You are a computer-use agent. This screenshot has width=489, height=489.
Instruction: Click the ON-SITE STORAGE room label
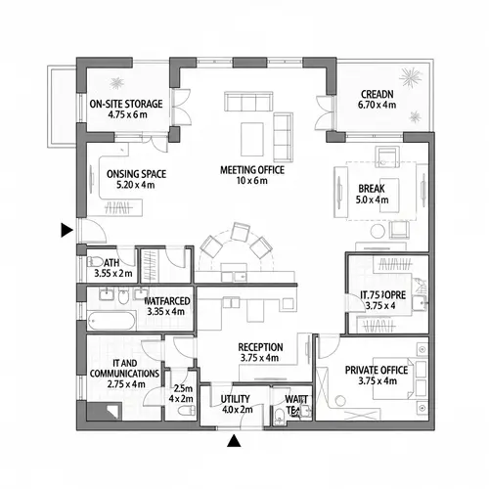point(125,108)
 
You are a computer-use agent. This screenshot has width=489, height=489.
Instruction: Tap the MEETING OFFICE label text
point(251,170)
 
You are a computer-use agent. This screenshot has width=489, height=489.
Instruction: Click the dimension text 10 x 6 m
point(251,181)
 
